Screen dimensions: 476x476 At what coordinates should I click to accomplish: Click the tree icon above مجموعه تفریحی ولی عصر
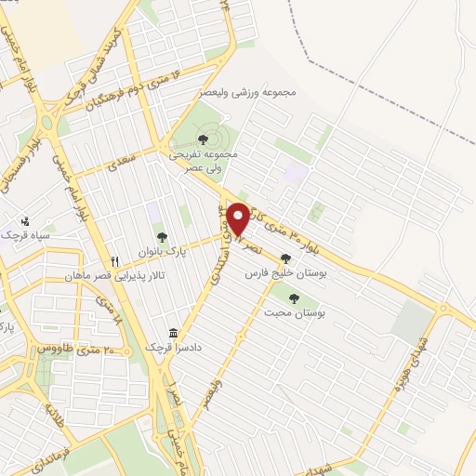(x=203, y=139)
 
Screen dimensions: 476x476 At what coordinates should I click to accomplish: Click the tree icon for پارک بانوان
(x=162, y=237)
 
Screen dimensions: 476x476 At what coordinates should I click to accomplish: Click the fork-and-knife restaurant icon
(x=115, y=262)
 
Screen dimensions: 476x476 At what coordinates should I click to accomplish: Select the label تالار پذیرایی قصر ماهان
(x=107, y=277)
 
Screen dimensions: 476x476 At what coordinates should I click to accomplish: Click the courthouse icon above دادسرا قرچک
(x=173, y=333)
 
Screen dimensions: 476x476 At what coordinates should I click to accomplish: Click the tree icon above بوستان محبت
(x=294, y=298)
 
